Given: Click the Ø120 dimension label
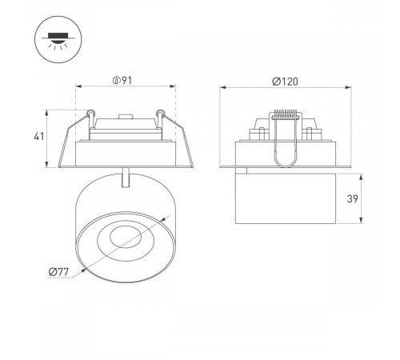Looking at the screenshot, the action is (x=285, y=82).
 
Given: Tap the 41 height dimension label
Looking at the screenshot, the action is (x=39, y=137).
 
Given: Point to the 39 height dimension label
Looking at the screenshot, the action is (x=352, y=198).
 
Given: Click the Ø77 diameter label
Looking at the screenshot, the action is (x=58, y=272).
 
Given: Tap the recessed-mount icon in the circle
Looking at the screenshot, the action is (x=58, y=40).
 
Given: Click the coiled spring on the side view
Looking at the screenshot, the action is (x=286, y=114).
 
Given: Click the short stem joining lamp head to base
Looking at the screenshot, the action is (x=126, y=178).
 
